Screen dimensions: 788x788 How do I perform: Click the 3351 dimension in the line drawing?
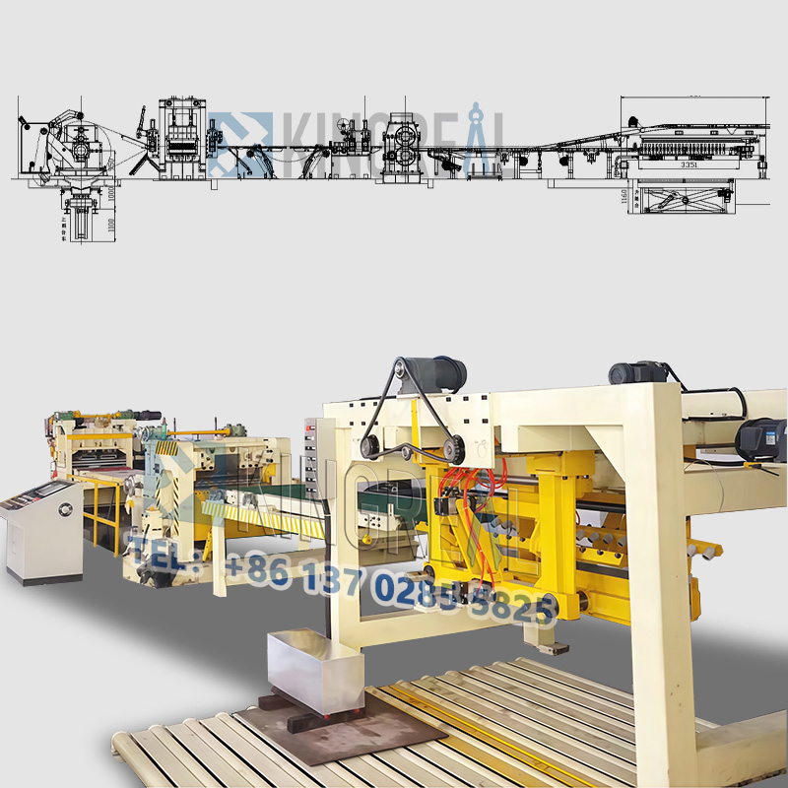(689, 165)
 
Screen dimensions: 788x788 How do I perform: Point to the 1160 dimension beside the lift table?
(624, 197)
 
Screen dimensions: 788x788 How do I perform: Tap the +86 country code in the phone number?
(258, 571)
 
